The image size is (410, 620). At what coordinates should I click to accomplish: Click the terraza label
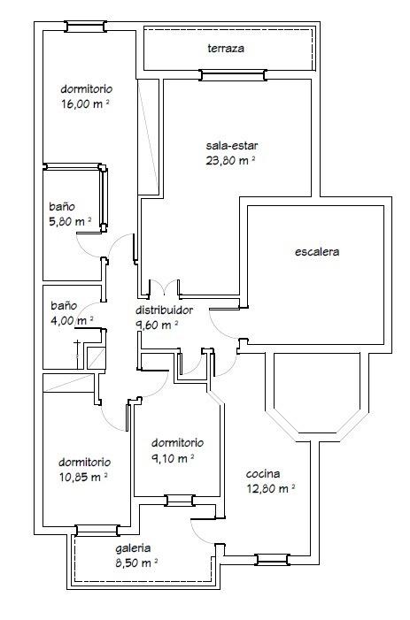coord(226,49)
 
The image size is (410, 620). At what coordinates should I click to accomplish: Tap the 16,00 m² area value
coord(86,104)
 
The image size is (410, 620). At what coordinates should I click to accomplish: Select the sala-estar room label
coord(231,146)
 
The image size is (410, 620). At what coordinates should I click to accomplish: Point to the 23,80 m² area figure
coord(230,161)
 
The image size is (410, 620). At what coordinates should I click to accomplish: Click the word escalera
coord(317,252)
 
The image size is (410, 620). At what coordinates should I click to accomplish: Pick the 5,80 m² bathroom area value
coord(70,221)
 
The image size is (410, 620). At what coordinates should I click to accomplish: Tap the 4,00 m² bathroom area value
coord(72,320)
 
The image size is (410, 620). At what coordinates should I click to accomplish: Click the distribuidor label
coord(164,310)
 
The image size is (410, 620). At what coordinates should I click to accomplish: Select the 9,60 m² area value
coord(157,325)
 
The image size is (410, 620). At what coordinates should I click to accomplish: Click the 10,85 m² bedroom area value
coord(83,478)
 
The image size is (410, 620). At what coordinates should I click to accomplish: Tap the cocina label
coord(263,474)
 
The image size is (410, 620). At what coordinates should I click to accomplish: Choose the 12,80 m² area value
coord(271,489)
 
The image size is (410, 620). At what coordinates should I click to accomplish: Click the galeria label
coord(134,548)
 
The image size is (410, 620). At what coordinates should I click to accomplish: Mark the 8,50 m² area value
coord(137,563)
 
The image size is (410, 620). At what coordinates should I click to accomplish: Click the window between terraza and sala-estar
coord(233,75)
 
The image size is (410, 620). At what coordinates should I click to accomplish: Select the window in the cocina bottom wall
coord(273,560)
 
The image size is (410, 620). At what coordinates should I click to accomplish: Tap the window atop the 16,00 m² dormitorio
coord(86,27)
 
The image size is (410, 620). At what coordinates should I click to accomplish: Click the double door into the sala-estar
coord(164,287)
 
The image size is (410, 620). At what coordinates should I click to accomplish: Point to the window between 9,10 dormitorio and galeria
coord(180,501)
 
